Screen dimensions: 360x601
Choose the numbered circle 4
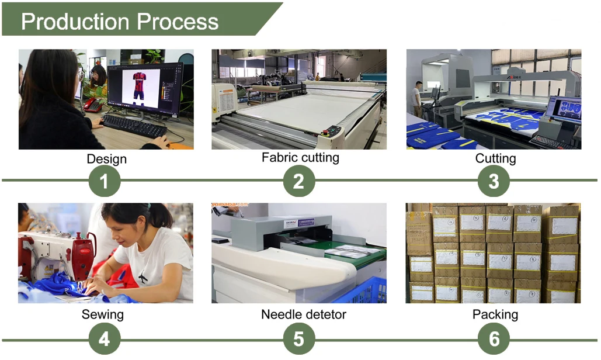pos(105,339)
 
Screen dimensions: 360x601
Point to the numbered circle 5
pos(299,339)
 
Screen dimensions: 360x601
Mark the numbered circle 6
pos(494,339)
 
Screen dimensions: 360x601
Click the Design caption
pos(106,158)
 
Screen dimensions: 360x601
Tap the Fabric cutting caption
pos(300,157)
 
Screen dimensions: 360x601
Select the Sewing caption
pos(103,314)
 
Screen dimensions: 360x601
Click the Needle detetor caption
pos(303,314)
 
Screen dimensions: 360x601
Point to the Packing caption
pos(495,314)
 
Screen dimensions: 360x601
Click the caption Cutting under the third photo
pos(495,158)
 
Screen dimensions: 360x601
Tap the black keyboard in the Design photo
pos(134,125)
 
